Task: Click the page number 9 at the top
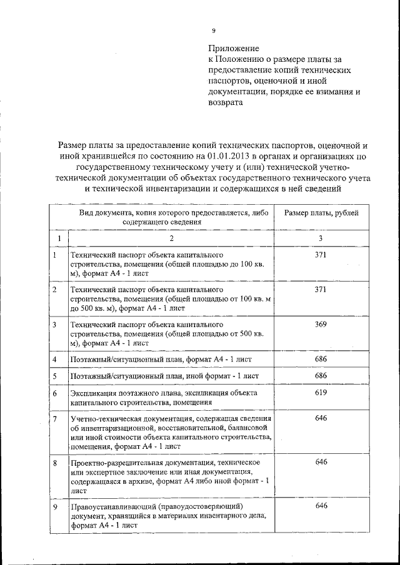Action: click(x=214, y=30)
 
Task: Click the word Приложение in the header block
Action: click(x=233, y=47)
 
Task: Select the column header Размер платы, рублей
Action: click(x=321, y=214)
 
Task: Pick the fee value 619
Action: click(x=321, y=393)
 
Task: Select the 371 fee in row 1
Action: click(x=321, y=256)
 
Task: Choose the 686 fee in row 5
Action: click(x=321, y=376)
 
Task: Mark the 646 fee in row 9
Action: click(x=321, y=506)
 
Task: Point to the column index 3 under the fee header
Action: click(x=321, y=238)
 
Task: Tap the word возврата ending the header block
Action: click(x=224, y=104)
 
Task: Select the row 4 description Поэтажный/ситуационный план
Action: click(x=125, y=360)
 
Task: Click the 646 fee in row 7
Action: click(x=321, y=418)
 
